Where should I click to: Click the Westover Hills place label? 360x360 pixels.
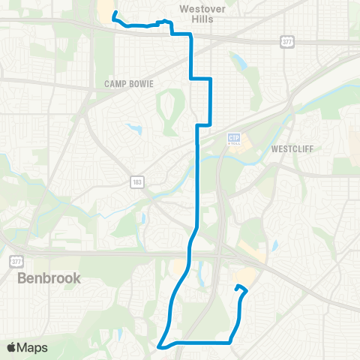tap(197, 13)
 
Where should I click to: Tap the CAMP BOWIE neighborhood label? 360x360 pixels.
tap(129, 85)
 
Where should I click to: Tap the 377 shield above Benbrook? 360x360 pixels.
tap(15, 261)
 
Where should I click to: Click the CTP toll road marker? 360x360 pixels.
tap(233, 139)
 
